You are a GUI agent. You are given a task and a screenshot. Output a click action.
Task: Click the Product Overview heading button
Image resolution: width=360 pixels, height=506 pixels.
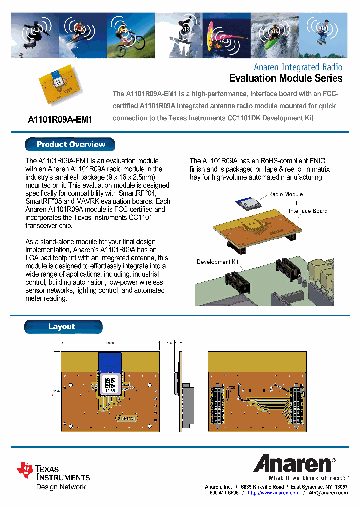[x=70, y=145]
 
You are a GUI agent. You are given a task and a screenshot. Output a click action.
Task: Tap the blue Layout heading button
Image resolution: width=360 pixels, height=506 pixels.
[x=62, y=327]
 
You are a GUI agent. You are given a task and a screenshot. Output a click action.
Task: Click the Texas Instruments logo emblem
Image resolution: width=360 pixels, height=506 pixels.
[x=24, y=469]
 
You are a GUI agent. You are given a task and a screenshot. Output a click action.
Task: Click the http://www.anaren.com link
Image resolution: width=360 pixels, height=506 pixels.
[x=273, y=493]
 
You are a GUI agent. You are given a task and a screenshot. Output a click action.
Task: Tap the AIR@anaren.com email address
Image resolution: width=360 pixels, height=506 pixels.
[x=328, y=493]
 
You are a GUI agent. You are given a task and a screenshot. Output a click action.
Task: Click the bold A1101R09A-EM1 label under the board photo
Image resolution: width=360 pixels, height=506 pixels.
[x=60, y=120]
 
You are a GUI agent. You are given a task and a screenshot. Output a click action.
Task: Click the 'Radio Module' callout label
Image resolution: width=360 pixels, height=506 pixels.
[x=285, y=194]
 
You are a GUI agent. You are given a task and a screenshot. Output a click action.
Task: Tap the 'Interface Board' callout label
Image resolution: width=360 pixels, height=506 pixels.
[x=308, y=211]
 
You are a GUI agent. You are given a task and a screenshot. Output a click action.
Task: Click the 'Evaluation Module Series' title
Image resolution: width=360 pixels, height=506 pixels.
[x=285, y=78]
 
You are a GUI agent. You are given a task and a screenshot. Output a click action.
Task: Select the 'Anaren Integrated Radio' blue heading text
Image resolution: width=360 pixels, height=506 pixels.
[x=298, y=67]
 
